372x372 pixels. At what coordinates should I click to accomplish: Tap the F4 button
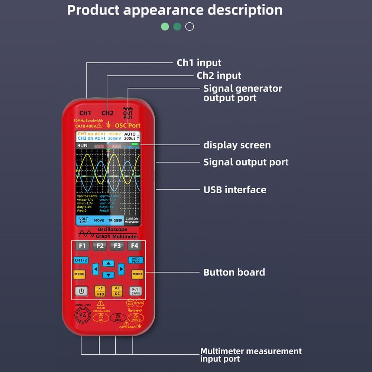135,246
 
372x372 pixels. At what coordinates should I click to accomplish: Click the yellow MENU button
79,274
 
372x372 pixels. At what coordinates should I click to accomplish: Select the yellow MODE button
138,274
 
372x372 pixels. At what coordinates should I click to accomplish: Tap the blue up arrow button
108,263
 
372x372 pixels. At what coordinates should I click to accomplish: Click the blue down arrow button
108,275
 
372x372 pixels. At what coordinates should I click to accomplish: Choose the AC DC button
117,291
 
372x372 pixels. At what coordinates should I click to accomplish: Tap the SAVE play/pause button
136,291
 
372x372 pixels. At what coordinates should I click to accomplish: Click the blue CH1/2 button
81,260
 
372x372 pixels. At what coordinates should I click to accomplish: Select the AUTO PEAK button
136,260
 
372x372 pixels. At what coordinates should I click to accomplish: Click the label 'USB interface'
234,190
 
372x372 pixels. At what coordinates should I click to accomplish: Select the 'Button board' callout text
234,272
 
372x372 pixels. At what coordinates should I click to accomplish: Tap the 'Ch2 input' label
219,76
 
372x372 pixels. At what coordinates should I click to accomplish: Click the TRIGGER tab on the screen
115,220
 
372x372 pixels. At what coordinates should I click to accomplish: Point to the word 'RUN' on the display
83,146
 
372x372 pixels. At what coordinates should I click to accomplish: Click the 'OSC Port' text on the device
127,126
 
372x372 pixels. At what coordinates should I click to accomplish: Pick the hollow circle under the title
190,27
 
